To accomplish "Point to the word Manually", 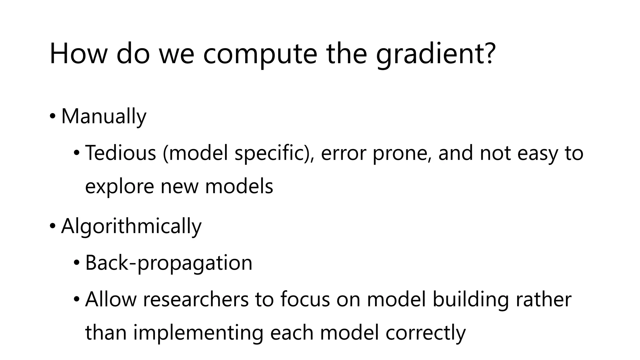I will click(104, 116).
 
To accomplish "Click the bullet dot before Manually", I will click(53, 117).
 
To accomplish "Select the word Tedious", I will click(120, 153).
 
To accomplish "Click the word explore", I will click(119, 187).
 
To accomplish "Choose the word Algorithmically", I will click(131, 226).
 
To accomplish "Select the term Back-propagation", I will click(169, 263).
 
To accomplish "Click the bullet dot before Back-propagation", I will click(77, 263).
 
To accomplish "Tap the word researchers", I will click(196, 299).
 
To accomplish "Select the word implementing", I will click(198, 333).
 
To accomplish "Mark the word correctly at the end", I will click(426, 333).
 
